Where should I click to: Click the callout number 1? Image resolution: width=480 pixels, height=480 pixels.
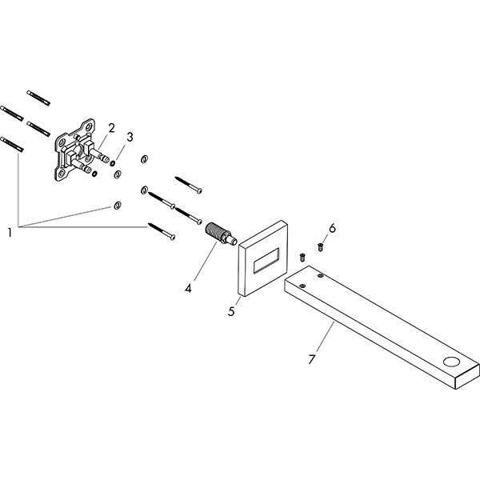point(10,233)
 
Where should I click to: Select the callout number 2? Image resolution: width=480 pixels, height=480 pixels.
point(111,128)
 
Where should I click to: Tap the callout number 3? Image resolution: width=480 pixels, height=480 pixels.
point(130,137)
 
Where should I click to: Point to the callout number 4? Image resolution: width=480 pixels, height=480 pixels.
point(188,288)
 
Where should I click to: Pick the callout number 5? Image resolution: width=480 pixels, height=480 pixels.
point(231,311)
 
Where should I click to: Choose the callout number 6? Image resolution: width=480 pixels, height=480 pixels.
point(332,228)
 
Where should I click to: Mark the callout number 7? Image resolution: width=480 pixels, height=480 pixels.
point(312,359)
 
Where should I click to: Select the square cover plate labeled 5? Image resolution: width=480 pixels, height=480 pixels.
point(263,258)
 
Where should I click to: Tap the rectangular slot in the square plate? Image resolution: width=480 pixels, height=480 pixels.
point(266,260)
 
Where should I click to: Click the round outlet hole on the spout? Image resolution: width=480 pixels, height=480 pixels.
point(451,362)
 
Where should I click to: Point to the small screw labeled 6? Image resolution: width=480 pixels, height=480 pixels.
point(321,246)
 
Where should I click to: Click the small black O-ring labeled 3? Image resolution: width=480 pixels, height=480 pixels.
point(113,163)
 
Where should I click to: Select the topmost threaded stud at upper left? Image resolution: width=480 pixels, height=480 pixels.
point(38,98)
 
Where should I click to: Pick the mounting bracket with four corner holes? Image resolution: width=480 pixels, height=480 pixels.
point(75,150)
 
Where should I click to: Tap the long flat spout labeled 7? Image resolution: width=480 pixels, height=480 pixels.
point(382,327)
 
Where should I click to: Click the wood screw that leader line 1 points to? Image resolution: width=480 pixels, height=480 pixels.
point(162,231)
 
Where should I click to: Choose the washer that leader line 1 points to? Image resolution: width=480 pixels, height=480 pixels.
point(117,206)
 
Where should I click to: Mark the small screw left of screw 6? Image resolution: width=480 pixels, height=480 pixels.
point(302,257)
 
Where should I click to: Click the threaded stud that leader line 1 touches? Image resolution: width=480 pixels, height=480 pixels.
point(12,145)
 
